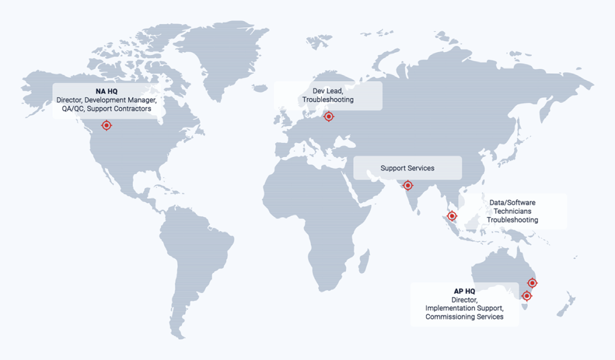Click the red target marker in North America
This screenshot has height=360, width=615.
(x=106, y=125)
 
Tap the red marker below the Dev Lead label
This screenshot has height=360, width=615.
(x=328, y=117)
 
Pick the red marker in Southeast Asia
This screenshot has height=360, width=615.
(x=452, y=216)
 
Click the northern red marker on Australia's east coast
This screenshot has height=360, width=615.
(x=532, y=282)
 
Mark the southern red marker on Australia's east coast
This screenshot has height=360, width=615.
(x=527, y=296)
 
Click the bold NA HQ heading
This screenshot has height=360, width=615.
(x=105, y=91)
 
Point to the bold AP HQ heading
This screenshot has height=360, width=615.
(x=464, y=291)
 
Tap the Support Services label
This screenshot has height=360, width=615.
(x=407, y=168)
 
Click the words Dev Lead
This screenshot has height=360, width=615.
(x=328, y=91)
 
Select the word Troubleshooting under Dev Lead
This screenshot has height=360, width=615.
(x=328, y=99)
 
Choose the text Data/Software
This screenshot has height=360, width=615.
(x=512, y=203)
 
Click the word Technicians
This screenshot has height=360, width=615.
(x=512, y=212)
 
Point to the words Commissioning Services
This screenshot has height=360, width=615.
(x=464, y=317)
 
